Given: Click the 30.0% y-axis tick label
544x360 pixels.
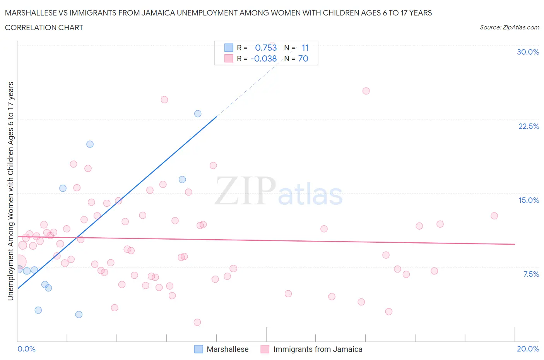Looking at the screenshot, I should pos(528,52).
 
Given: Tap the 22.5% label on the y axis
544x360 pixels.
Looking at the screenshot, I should pos(529,126).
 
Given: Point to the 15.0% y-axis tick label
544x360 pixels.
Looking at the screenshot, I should pos(529,200).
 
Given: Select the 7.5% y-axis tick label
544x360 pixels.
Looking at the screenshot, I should pos(531,274).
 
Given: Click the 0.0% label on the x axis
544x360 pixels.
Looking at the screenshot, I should pos(26,349).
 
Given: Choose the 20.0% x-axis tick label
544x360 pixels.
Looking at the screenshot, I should pos(528,349).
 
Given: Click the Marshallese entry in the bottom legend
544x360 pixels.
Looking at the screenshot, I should pos(228,349).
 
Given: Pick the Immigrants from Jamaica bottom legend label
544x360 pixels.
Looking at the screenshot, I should pos(318,349).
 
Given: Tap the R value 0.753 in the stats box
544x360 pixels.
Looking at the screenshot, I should pos(266,48).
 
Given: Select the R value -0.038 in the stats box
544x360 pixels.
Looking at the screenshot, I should pos(263,58).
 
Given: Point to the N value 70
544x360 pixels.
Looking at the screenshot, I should pos(303,58).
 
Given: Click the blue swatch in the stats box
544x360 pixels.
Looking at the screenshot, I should pos(229,48).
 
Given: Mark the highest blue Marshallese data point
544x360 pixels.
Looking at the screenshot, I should pos(198,114).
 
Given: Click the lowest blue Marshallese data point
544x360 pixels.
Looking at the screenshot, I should pos(79,314).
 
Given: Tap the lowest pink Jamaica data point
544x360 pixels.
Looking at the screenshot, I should pos(197,322).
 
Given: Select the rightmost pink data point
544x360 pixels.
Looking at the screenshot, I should pos(494,216).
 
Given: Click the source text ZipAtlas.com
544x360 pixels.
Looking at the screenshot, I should pos(509,27).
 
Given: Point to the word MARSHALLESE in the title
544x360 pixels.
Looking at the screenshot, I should pos(29,13).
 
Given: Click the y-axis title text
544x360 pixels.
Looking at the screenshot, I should pos(10,191).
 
